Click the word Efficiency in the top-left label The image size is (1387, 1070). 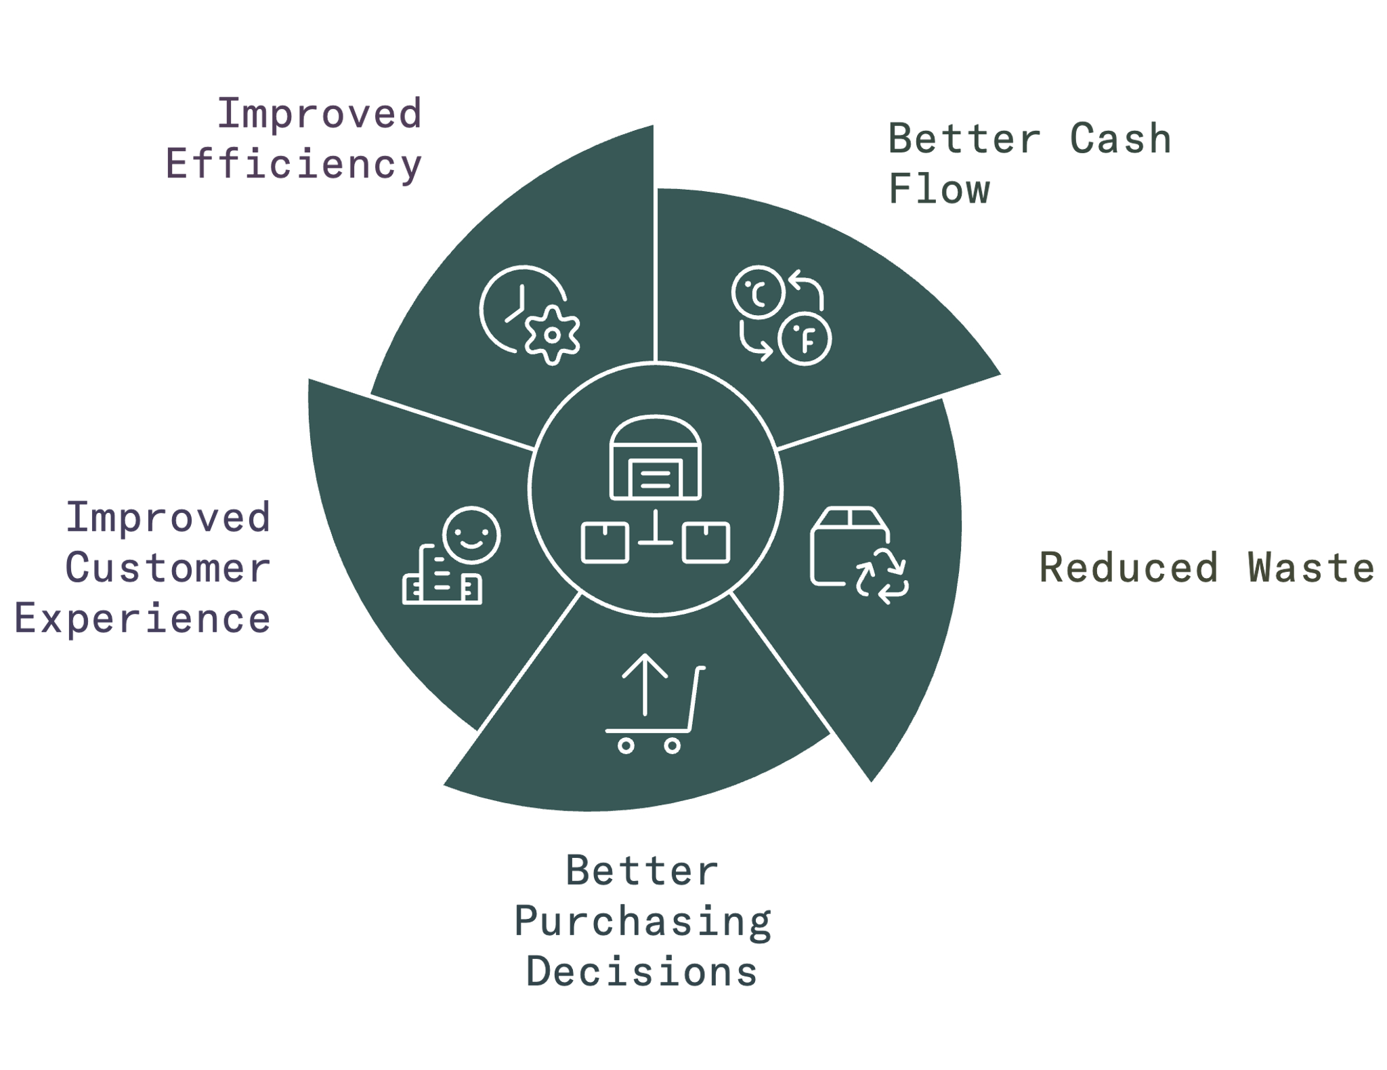[294, 165]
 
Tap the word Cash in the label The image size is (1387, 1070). [1120, 139]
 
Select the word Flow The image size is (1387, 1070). [939, 189]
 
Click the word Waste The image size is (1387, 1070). [1311, 567]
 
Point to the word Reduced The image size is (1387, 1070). [1128, 567]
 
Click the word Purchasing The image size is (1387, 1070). [643, 922]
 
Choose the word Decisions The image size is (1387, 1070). [642, 972]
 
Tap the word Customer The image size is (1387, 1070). [168, 568]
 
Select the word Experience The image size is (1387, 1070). [142, 618]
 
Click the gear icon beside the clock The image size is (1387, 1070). [553, 335]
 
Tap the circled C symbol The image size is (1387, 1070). [759, 292]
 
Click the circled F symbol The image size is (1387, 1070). [805, 339]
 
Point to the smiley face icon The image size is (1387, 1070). [471, 535]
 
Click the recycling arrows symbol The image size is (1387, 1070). [882, 576]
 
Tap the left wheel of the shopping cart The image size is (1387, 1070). [626, 746]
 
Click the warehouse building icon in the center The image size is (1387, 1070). [655, 457]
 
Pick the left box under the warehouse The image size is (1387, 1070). [605, 543]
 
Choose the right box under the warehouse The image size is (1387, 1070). [706, 543]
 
